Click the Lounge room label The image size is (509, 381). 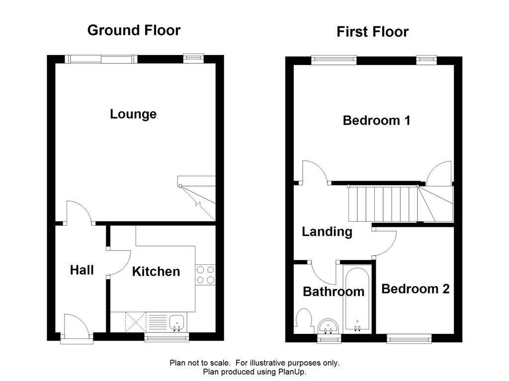pos(133,115)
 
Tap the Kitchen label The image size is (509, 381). pos(156,271)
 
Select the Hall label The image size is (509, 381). pos(82,270)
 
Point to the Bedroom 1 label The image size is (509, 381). pos(377,121)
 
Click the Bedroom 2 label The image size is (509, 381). pos(416,289)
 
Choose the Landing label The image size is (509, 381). pos(327,232)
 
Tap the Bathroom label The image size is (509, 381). pos(334,292)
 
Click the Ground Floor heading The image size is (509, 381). pos(134,30)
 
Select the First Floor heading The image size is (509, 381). pos(372,32)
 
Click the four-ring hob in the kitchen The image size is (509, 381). pos(205,275)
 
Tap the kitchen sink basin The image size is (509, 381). pos(177,322)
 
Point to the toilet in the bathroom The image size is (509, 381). pos(304,317)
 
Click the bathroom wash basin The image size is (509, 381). pos(328,326)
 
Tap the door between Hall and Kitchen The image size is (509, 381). pos(118,263)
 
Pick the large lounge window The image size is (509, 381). pos(101,59)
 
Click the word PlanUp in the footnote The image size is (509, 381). pos(292,372)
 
